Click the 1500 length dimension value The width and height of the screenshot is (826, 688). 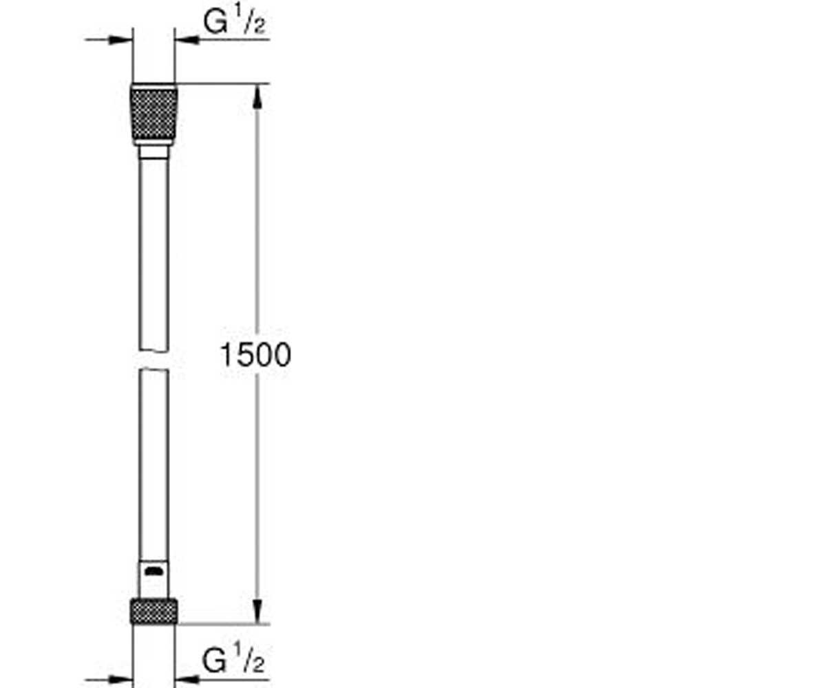tap(255, 355)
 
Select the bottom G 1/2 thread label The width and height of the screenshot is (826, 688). tap(233, 658)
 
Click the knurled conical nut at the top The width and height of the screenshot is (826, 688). tap(154, 115)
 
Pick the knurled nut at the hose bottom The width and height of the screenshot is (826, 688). tap(154, 612)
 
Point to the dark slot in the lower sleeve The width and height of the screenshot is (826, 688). tap(154, 571)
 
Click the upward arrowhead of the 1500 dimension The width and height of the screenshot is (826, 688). tap(257, 97)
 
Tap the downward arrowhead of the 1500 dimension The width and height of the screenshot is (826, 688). tap(257, 612)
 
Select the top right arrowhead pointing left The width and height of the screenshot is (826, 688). tap(187, 39)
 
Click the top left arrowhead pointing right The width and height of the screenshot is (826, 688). tap(120, 39)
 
